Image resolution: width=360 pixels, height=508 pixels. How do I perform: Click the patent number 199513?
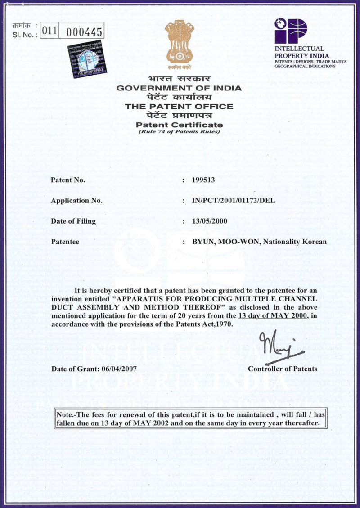(203, 180)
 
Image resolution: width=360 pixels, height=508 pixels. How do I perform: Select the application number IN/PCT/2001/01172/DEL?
(234, 200)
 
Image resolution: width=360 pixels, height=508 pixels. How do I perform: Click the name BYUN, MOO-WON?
(226, 242)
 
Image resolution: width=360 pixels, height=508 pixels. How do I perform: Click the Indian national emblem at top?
(179, 42)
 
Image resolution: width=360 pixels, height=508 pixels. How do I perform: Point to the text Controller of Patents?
(283, 369)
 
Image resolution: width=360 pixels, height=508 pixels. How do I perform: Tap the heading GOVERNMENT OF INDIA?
(179, 88)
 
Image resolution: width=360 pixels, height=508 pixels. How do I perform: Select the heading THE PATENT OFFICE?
(179, 107)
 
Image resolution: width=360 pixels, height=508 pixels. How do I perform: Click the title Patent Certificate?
(179, 125)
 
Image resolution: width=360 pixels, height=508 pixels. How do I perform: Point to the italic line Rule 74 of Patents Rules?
(179, 131)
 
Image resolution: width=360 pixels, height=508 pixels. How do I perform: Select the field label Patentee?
(65, 242)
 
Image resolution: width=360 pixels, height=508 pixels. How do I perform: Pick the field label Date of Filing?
(73, 221)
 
